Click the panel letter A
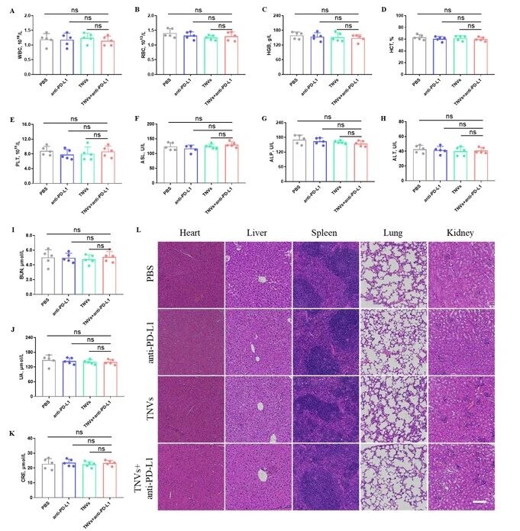[11, 10]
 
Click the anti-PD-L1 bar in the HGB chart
[317, 54]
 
